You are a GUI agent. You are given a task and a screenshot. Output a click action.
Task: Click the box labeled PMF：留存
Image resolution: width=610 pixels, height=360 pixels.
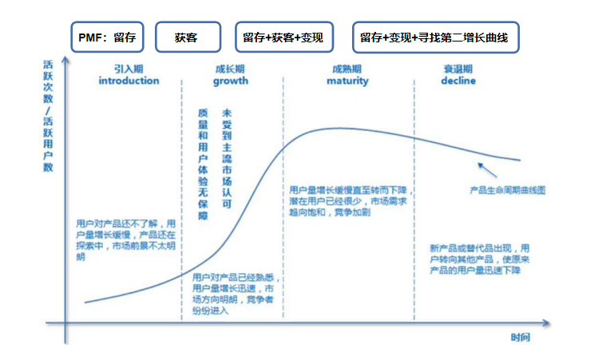pos(107,38)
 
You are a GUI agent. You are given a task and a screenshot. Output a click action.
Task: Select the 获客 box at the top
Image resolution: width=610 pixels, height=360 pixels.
pos(186,38)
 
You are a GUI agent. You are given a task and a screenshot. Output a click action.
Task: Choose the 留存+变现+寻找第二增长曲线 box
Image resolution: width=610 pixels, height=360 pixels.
pos(436,38)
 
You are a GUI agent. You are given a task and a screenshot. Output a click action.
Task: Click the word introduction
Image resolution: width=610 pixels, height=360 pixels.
pos(129,81)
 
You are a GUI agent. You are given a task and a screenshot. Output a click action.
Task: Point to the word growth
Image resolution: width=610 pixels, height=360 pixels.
pos(231,81)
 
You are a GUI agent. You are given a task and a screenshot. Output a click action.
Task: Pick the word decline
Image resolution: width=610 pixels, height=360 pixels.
pos(457,81)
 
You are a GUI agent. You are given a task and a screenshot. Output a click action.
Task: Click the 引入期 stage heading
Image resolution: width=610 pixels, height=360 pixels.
pos(129,69)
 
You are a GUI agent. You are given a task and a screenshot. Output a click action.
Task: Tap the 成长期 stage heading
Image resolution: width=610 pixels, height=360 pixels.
pos(231,69)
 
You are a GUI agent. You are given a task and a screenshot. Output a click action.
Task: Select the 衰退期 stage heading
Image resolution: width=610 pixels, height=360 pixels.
pos(458,69)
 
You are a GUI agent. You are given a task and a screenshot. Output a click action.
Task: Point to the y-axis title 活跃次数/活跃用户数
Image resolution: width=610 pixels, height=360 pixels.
pos(49,117)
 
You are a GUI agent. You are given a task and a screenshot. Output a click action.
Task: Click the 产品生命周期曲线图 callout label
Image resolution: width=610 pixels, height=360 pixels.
pos(508,191)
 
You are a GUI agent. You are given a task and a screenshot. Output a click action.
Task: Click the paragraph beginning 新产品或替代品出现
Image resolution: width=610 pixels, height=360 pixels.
pos(479,259)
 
